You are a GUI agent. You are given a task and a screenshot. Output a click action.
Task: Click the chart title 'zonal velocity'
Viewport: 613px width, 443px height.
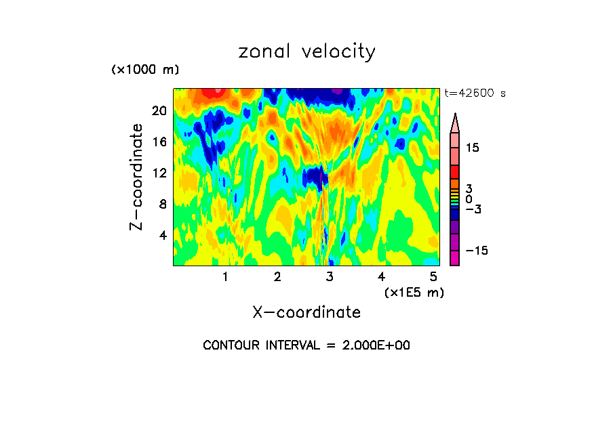point(306,51)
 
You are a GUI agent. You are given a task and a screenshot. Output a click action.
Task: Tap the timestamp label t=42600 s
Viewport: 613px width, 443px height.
point(475,93)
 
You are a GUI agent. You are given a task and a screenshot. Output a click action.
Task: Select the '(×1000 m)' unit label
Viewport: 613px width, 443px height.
point(144,70)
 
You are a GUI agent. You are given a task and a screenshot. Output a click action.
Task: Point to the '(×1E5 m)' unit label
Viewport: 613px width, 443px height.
point(414,292)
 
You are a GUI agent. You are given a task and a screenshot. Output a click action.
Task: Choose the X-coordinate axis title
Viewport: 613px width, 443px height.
point(306,312)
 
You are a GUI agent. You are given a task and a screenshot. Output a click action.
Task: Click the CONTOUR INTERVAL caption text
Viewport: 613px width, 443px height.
point(306,345)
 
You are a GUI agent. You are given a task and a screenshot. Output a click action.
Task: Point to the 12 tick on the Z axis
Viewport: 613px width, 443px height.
point(159,173)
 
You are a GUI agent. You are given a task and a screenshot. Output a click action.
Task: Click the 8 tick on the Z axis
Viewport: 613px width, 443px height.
point(162,204)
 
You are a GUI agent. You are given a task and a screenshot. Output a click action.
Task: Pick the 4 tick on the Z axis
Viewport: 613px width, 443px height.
point(162,235)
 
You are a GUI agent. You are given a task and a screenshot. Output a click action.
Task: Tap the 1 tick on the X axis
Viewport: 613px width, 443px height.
point(225,277)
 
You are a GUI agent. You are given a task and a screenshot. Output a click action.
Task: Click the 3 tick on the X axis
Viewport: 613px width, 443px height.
point(330,277)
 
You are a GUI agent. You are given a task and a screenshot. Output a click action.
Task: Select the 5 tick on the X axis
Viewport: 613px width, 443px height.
point(433,277)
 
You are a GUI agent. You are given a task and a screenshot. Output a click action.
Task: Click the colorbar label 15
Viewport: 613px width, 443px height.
point(472,148)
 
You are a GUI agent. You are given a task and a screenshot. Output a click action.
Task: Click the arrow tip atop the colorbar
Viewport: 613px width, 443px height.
point(455,116)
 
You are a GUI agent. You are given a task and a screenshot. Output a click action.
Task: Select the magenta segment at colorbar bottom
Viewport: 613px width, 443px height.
point(455,258)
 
